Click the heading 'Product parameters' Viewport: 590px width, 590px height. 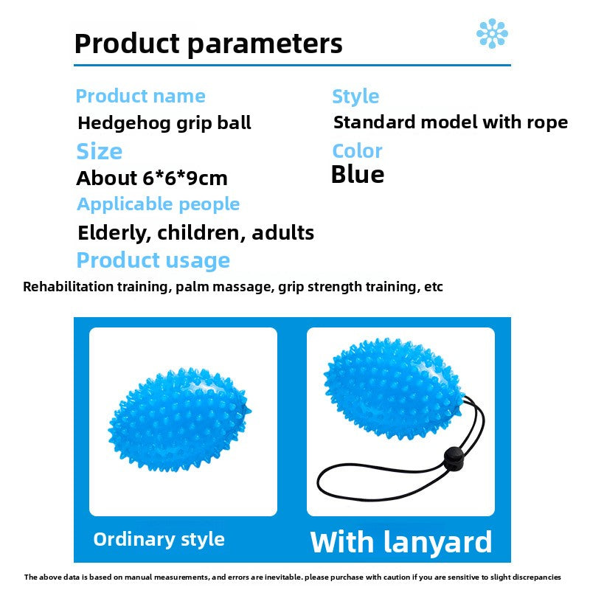pyautogui.click(x=209, y=44)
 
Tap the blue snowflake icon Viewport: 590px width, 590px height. pyautogui.click(x=492, y=33)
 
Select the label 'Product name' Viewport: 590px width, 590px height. pyautogui.click(x=140, y=96)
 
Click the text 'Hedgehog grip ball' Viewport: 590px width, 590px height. pyautogui.click(x=164, y=123)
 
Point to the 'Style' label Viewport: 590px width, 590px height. pyautogui.click(x=355, y=97)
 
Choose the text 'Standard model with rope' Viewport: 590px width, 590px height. pyautogui.click(x=451, y=122)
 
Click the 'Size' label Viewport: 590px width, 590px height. pyautogui.click(x=100, y=151)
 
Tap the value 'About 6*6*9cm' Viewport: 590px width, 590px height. pyautogui.click(x=152, y=178)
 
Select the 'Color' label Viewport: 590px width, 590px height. pyautogui.click(x=357, y=151)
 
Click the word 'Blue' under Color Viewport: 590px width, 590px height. pyautogui.click(x=358, y=175)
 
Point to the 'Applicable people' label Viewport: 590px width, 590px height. pyautogui.click(x=158, y=205)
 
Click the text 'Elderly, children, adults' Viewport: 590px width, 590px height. pyautogui.click(x=195, y=233)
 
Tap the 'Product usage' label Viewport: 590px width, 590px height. pyautogui.click(x=153, y=260)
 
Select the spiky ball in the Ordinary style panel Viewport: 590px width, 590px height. pyautogui.click(x=179, y=419)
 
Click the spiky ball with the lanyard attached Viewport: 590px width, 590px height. pyautogui.click(x=393, y=389)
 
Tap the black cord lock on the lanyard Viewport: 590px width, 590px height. pyautogui.click(x=454, y=458)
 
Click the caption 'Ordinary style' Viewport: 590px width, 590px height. pyautogui.click(x=159, y=540)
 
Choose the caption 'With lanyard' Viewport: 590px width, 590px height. pyautogui.click(x=400, y=542)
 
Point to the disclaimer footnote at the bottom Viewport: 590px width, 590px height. pyautogui.click(x=292, y=577)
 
